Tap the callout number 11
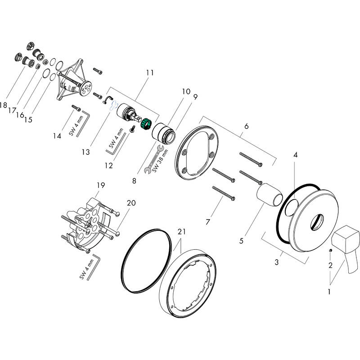coord(150,72)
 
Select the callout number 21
coord(181,232)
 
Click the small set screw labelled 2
coord(331,250)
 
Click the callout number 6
coord(246,127)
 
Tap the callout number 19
coord(100,185)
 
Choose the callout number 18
coord(4,105)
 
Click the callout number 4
coord(295,155)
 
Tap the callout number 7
coord(208,222)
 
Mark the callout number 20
coord(131,203)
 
